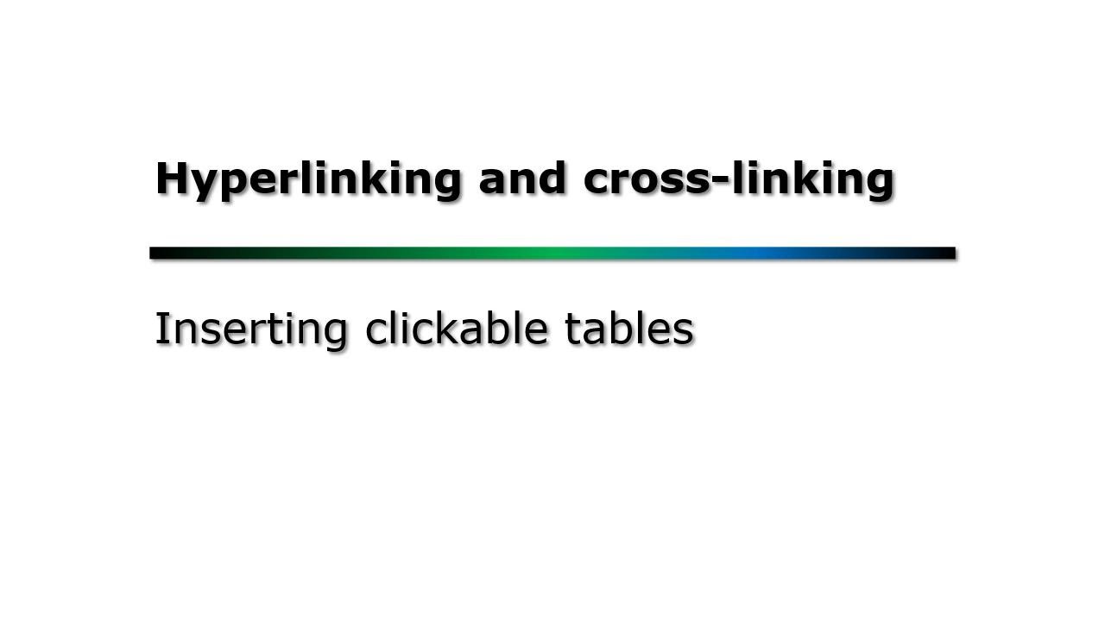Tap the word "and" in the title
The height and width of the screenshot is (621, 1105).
pyautogui.click(x=522, y=179)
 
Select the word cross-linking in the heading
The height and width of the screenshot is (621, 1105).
pyautogui.click(x=738, y=179)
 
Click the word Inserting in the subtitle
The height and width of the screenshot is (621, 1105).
pyautogui.click(x=250, y=329)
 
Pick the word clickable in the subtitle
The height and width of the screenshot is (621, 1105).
pyautogui.click(x=456, y=329)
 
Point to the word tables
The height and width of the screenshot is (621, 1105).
pyautogui.click(x=629, y=329)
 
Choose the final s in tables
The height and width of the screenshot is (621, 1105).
pyautogui.click(x=685, y=331)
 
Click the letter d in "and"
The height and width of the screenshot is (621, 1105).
pyautogui.click(x=550, y=179)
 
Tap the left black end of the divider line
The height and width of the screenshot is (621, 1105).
pyautogui.click(x=160, y=253)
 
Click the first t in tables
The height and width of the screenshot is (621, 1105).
pyautogui.click(x=572, y=329)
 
